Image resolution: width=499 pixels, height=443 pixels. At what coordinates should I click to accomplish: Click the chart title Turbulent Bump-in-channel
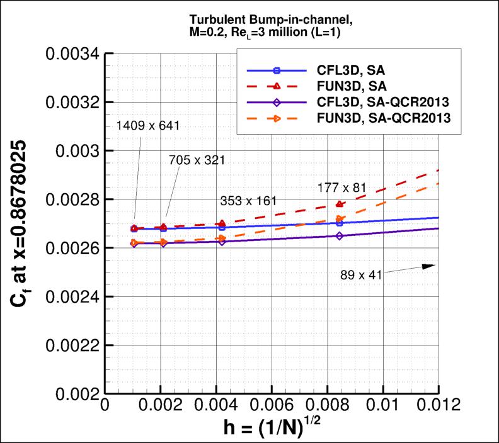tap(272, 24)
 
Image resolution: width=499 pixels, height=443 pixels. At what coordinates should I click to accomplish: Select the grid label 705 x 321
tap(197, 160)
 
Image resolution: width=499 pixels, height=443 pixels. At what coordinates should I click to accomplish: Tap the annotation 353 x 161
tap(248, 201)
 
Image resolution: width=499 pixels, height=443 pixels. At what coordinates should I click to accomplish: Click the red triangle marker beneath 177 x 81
tap(340, 204)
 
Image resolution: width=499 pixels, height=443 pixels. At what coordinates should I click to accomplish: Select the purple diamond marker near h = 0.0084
tap(340, 236)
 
